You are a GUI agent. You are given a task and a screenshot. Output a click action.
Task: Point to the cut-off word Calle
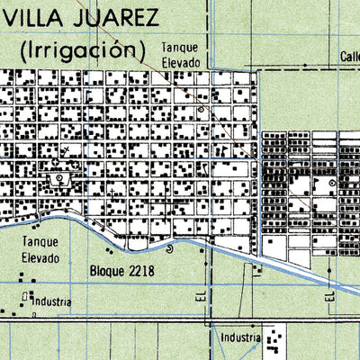(350, 57)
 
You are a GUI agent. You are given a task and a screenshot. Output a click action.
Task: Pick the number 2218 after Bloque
(140, 269)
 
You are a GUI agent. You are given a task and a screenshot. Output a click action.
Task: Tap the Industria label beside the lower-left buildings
(51, 301)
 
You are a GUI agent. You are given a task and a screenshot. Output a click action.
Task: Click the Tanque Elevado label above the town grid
(180, 54)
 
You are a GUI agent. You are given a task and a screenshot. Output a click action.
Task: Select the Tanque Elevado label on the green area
(41, 250)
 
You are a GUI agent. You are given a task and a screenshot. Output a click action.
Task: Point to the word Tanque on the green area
(41, 243)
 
